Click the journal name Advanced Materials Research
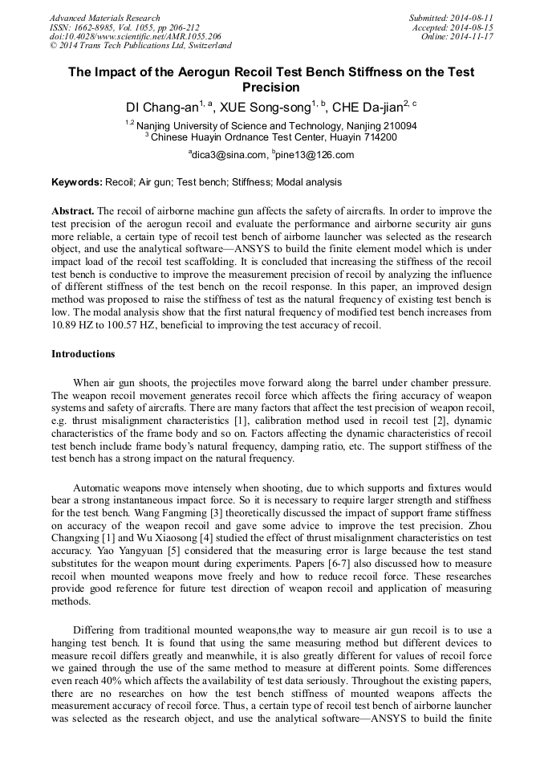tap(105, 18)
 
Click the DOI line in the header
tap(136, 36)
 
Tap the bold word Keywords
tap(76, 182)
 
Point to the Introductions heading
tap(83, 353)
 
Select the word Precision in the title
tap(271, 88)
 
